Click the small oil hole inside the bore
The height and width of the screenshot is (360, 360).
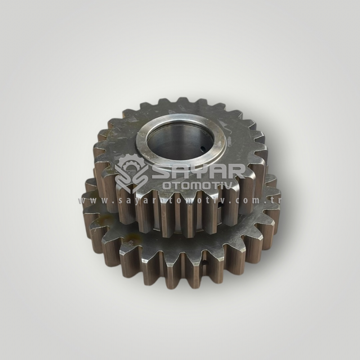202,148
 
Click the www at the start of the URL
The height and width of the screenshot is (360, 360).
90,201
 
